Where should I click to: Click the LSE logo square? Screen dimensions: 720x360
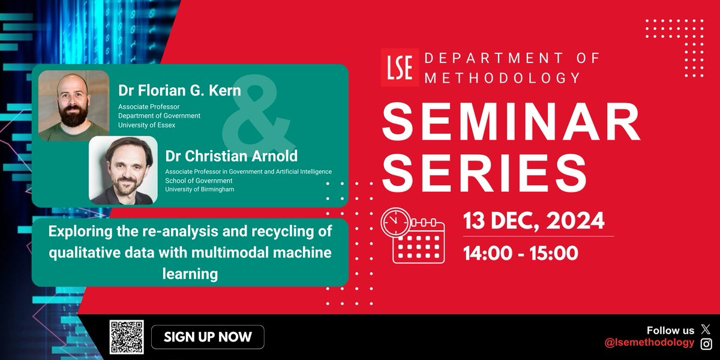[x=400, y=67]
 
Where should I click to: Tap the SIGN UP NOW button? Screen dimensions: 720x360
[x=208, y=337]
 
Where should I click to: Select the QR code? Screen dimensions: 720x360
[x=127, y=337]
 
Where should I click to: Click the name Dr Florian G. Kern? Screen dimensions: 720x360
[x=179, y=91]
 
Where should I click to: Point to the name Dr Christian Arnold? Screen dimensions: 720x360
[x=232, y=156]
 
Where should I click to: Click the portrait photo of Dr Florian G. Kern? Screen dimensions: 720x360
[x=74, y=106]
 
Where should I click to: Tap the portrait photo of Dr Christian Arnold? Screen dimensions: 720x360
[x=123, y=170]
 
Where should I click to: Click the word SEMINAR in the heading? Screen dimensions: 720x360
[x=511, y=122]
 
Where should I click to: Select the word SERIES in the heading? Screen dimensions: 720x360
[x=484, y=173]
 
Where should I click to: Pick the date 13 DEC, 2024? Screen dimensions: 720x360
[x=533, y=221]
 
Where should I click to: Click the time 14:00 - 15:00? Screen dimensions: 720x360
[x=521, y=253]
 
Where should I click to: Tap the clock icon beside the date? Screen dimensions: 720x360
[x=395, y=223]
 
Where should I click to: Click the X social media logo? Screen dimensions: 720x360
[x=706, y=329]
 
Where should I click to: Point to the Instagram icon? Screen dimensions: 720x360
[x=706, y=344]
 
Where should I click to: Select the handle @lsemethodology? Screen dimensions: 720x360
[x=649, y=343]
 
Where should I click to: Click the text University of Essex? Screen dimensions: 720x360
[x=146, y=125]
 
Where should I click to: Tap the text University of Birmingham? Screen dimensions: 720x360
[x=200, y=190]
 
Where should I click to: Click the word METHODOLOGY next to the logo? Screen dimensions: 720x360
[x=502, y=78]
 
